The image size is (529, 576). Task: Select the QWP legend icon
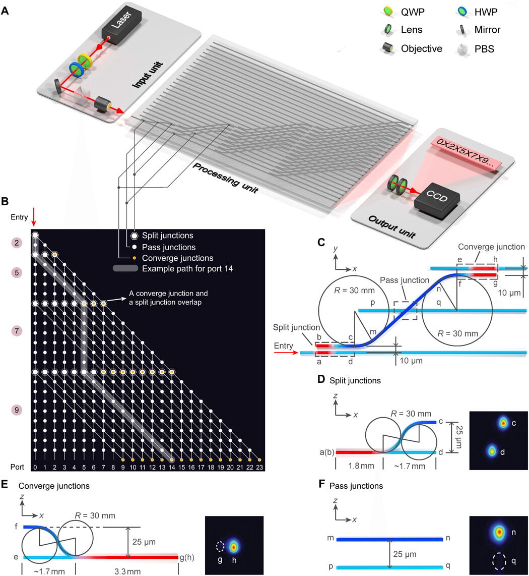click(387, 11)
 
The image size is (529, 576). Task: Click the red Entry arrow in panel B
click(34, 218)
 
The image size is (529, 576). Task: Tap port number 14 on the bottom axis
click(172, 468)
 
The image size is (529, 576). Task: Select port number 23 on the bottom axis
click(259, 468)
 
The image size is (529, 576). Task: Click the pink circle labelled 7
click(17, 331)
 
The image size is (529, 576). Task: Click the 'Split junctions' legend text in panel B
click(167, 236)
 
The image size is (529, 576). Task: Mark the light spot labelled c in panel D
click(502, 423)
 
